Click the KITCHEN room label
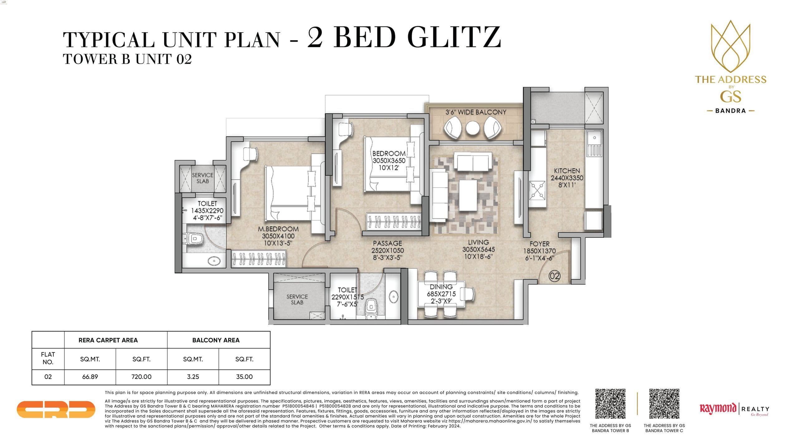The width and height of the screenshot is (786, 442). point(567,171)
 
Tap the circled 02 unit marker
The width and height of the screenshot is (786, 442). point(555,276)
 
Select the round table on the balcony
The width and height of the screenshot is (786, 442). point(473,128)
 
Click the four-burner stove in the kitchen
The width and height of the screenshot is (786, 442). point(537,190)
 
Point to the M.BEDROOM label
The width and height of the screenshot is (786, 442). point(278,229)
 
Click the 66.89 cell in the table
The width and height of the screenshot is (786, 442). point(90,377)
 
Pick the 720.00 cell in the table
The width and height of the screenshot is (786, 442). point(141,377)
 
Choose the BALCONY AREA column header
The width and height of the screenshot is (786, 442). point(216,340)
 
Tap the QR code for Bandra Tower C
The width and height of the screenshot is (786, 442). point(664,404)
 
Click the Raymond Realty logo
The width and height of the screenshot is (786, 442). point(734,409)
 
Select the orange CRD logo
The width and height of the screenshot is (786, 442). point(56,409)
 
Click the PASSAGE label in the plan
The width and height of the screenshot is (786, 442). point(387,243)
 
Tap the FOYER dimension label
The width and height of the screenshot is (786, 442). point(539,251)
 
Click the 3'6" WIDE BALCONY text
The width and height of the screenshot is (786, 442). point(476,112)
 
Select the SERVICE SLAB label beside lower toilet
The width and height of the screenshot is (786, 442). point(297,299)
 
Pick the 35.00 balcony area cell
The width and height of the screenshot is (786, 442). point(244,377)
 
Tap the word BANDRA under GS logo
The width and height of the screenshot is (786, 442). point(730,111)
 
